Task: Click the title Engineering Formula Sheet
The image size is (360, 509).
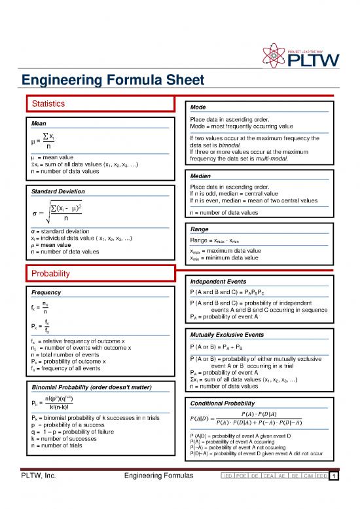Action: (x=112, y=81)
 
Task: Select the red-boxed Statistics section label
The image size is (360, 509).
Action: (x=48, y=103)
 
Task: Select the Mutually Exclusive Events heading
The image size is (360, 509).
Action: (x=229, y=335)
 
